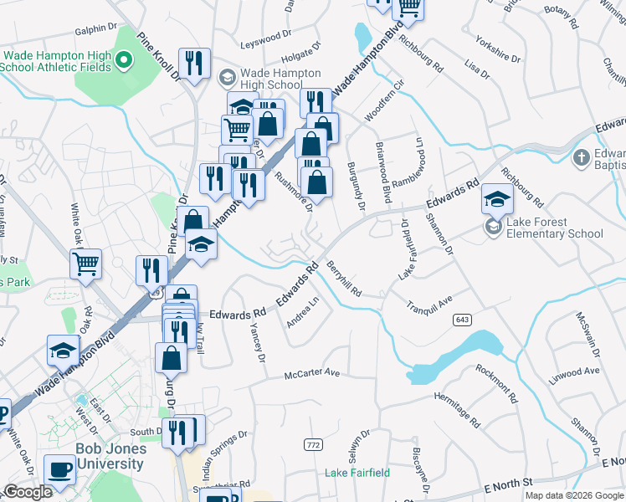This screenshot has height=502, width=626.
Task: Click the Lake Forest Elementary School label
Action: pyautogui.click(x=549, y=228)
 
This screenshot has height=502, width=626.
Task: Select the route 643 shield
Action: pyautogui.click(x=463, y=320)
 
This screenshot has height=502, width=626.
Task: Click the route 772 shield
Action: pyautogui.click(x=314, y=443)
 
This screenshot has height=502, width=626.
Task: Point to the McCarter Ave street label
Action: pyautogui.click(x=311, y=373)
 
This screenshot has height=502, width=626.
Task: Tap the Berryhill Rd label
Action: pyautogui.click(x=345, y=279)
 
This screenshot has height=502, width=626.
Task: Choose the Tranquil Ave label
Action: pyautogui.click(x=429, y=301)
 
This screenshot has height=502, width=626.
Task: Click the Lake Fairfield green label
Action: pyautogui.click(x=357, y=473)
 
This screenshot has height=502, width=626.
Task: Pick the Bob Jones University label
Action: pyautogui.click(x=110, y=455)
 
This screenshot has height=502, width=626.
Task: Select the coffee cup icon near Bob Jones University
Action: pyautogui.click(x=59, y=469)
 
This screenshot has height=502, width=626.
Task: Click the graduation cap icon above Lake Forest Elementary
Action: pyautogui.click(x=497, y=199)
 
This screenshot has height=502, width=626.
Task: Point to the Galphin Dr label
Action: pyautogui.click(x=95, y=29)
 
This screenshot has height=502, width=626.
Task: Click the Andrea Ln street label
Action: pyautogui.click(x=304, y=311)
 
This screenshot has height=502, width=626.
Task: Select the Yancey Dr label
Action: pyautogui.click(x=256, y=344)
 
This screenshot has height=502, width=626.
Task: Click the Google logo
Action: pyautogui.click(x=28, y=492)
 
